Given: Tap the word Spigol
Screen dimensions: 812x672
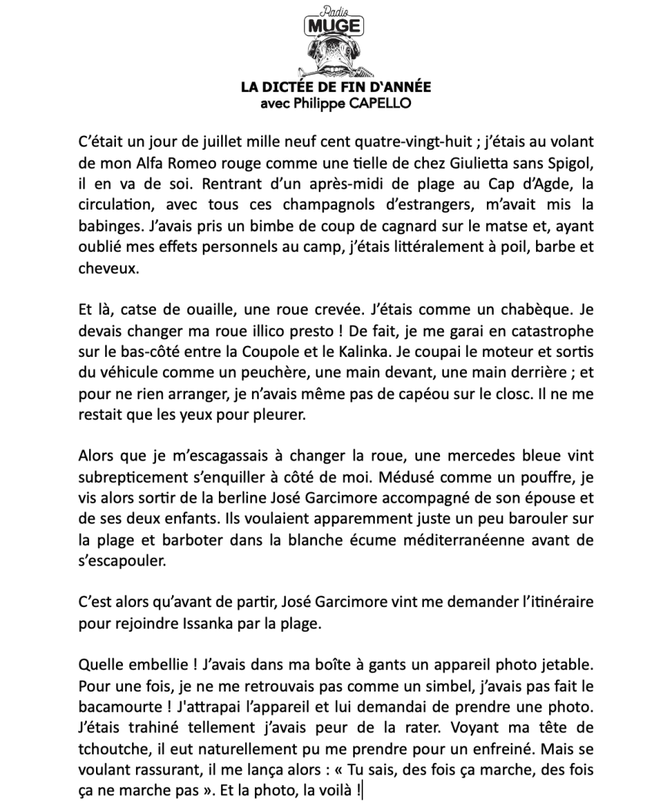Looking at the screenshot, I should pos(568,163).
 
